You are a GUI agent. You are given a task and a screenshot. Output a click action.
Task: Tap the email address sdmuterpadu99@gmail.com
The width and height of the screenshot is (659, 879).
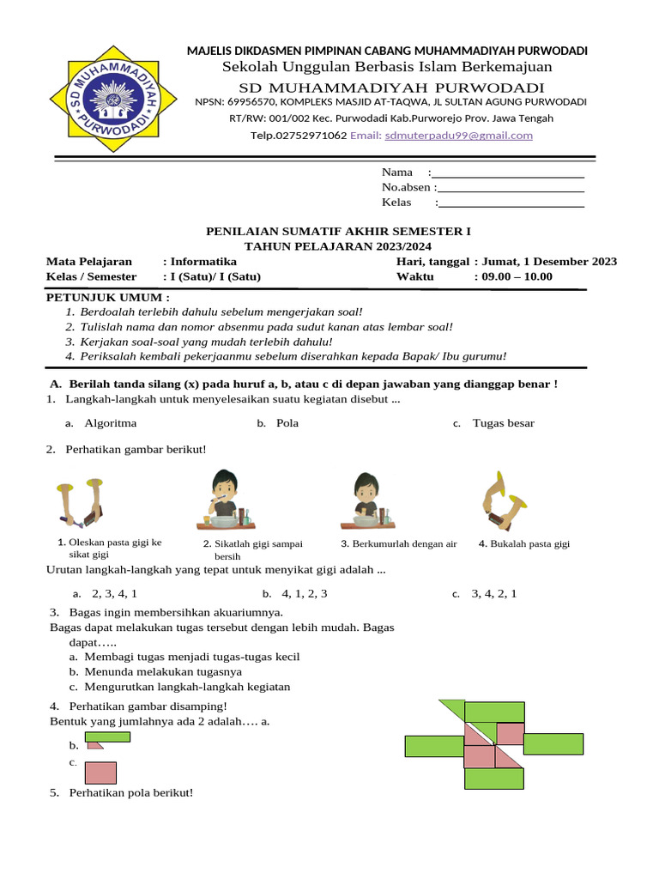tap(458, 136)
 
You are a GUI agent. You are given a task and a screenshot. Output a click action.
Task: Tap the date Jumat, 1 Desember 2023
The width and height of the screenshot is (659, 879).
tap(549, 262)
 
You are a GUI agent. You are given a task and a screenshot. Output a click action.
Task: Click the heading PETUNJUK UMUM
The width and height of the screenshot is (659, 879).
tap(106, 297)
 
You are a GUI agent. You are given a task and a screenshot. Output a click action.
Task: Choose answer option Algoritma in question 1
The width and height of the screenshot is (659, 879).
tap(110, 423)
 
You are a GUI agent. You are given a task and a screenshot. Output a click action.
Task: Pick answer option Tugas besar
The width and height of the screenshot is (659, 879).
tap(503, 423)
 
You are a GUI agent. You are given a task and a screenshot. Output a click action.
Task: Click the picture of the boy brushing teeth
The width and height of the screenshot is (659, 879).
tap(223, 499)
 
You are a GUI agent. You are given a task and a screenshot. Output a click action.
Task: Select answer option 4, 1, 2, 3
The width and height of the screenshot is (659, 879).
tap(304, 593)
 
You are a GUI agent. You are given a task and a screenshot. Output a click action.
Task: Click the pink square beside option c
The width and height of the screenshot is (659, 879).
tap(100, 773)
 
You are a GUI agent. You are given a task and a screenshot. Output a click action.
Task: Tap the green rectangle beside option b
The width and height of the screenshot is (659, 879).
tap(107, 737)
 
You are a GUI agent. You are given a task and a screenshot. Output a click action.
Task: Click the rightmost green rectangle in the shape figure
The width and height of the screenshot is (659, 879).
tap(553, 744)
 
